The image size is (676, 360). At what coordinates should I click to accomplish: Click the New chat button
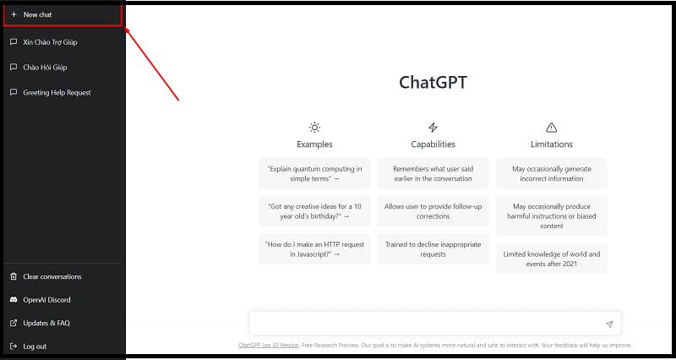(63, 15)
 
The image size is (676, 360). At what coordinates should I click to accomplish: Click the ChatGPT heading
(433, 83)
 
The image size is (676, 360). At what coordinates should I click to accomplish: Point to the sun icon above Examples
(314, 128)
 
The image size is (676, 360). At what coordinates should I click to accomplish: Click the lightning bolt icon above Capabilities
(433, 128)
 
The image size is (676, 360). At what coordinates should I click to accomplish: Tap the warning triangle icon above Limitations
(551, 128)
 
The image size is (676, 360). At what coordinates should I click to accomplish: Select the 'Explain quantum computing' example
(314, 173)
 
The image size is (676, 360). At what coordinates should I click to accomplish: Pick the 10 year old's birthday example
(314, 210)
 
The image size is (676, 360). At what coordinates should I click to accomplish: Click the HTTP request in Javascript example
(314, 248)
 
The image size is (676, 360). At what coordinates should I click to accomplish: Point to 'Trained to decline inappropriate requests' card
(433, 248)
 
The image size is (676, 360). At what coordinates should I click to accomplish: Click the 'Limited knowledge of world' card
(551, 258)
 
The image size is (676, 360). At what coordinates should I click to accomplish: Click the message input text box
(427, 324)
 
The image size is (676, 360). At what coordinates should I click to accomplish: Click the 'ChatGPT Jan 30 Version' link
(269, 345)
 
